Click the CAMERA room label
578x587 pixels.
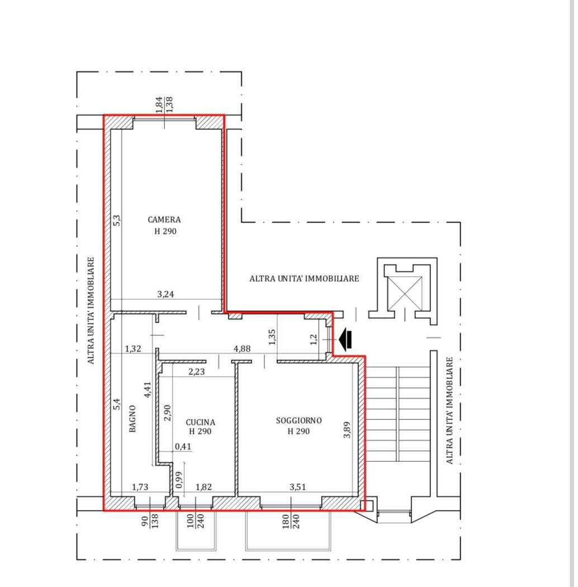point(164,220)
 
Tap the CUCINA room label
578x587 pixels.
point(201,422)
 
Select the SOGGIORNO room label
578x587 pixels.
point(299,420)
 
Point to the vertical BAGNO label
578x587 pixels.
point(132,419)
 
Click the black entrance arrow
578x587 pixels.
point(345,339)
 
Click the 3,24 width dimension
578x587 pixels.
point(165,294)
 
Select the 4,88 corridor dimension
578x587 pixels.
point(242,348)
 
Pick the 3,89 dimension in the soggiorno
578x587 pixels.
point(347,430)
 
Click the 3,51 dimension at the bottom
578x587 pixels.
point(297,487)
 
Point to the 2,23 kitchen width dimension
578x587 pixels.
point(197,371)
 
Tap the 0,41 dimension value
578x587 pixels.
point(183,446)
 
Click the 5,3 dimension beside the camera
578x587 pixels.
point(117,220)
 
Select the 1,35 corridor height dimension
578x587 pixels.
point(272,337)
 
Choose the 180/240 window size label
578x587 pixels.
point(290,521)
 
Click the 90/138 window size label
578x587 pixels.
point(150,520)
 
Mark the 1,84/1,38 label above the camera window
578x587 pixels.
point(164,105)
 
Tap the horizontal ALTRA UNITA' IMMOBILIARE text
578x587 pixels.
point(304,278)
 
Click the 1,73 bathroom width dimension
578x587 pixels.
point(140,487)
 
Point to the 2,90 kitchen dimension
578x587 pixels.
point(167,413)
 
